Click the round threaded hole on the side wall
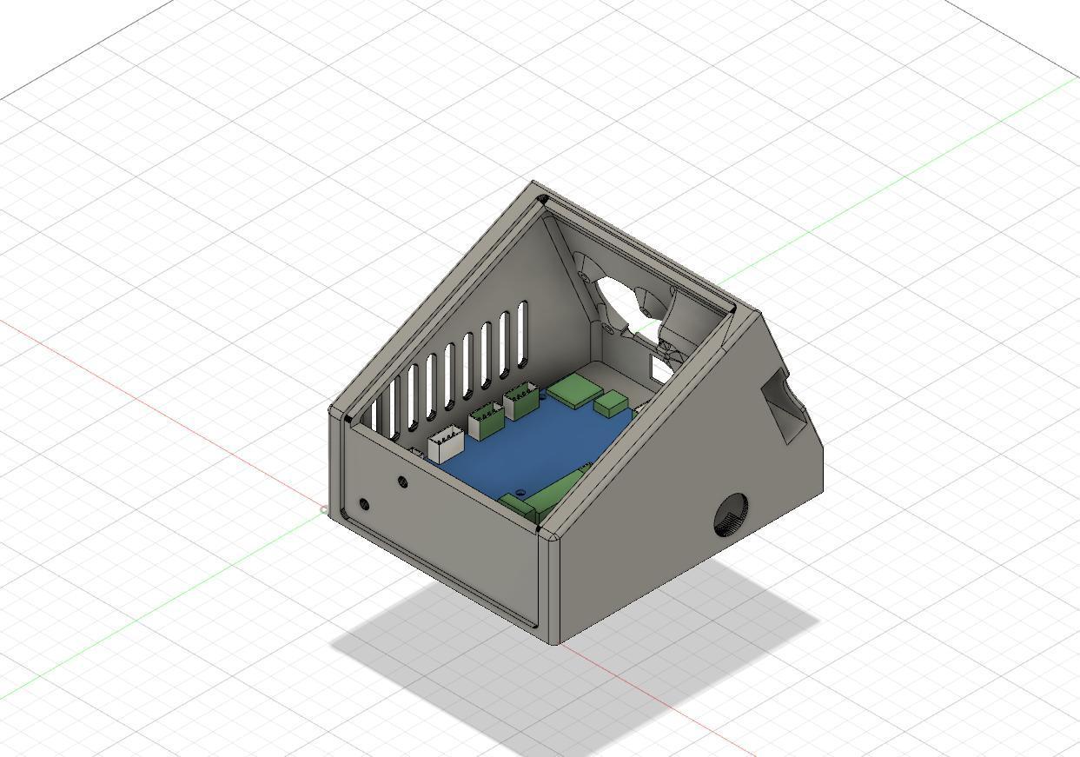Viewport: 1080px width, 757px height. click(x=731, y=515)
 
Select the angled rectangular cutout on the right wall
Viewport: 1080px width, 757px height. click(x=787, y=408)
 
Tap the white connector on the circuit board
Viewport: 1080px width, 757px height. click(x=446, y=442)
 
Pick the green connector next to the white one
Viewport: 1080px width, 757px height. click(x=486, y=422)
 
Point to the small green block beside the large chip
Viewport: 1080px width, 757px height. click(x=613, y=402)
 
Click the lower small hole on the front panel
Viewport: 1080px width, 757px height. click(x=364, y=504)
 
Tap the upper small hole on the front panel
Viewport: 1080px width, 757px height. click(x=402, y=481)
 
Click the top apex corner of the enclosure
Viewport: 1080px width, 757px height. click(x=534, y=183)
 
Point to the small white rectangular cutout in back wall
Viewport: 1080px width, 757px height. click(x=660, y=370)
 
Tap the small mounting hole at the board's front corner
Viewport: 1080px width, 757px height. click(x=520, y=493)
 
